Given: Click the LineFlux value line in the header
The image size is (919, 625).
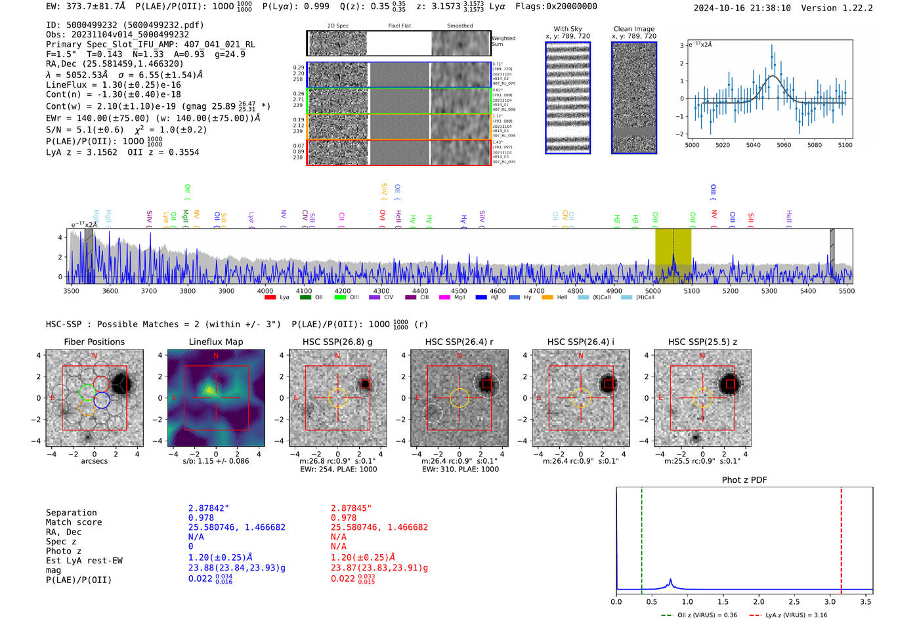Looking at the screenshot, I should pos(113,85).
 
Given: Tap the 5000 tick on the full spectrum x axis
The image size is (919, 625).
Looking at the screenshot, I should pos(652,291).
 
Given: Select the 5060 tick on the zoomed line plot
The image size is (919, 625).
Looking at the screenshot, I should pos(784,145).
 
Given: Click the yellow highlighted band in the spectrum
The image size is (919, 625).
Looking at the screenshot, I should pos(673,256).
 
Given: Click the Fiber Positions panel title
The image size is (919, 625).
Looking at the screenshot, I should pos(94,342).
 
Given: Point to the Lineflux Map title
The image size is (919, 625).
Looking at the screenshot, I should pos(215,342).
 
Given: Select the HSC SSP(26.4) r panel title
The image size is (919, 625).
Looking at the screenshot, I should pos(459,342).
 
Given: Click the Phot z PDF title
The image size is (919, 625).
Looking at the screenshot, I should pos(744,480).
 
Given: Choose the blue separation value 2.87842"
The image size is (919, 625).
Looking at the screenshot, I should pos(208,508).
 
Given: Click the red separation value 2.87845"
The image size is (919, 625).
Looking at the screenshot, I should pos(351,508).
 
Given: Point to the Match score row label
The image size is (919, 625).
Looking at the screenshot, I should pos(74,522).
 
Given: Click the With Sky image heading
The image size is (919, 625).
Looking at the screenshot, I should pos(567,29).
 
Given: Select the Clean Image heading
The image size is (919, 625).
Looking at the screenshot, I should pos(633,29).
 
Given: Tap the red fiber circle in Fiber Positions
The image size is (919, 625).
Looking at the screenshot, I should pos(101,383).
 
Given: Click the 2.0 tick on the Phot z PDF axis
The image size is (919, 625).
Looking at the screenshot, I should pos(758,601).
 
